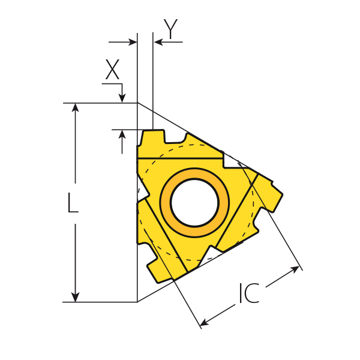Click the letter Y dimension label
[170, 29]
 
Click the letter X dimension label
[112, 70]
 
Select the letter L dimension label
[73, 202]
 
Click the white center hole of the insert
[194, 203]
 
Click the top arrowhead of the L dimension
[76, 107]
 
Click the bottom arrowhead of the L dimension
[76, 298]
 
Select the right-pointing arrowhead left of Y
[133, 42]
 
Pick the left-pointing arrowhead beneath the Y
[158, 42]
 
